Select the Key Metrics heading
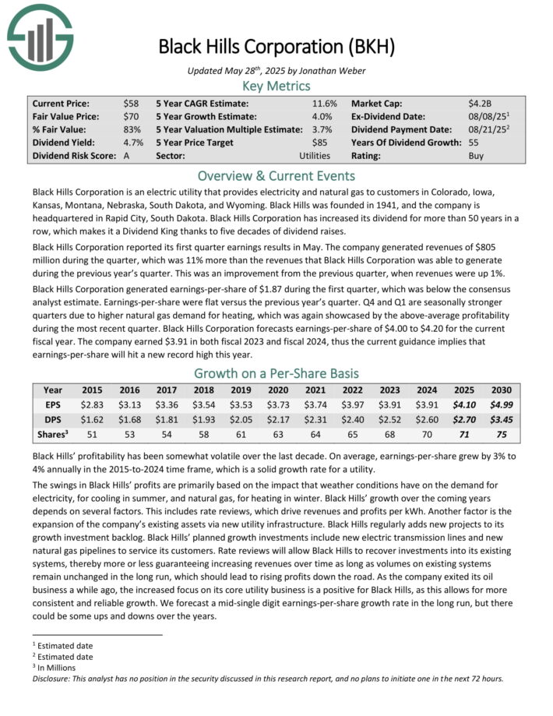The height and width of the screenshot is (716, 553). coord(276,86)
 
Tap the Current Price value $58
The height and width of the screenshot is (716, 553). coord(131,103)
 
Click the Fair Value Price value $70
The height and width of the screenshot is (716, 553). coord(131,116)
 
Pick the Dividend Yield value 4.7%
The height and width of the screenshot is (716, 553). coord(132,143)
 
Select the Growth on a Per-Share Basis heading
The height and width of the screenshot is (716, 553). coord(276,372)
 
